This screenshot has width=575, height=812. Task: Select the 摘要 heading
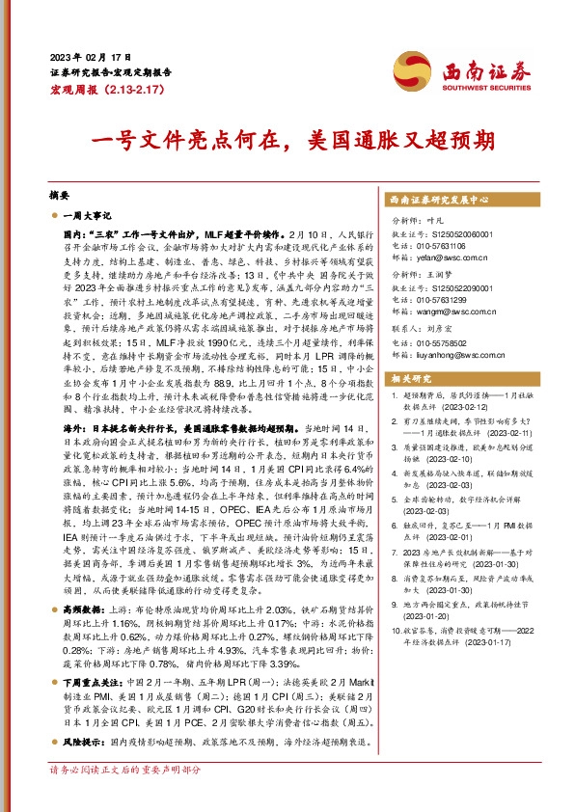click(60, 194)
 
